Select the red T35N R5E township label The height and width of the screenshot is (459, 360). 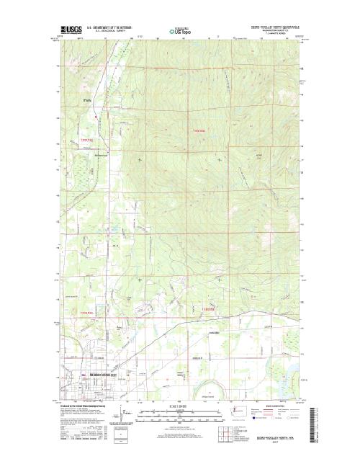point(207,309)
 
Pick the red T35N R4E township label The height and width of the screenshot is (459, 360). point(77,311)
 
